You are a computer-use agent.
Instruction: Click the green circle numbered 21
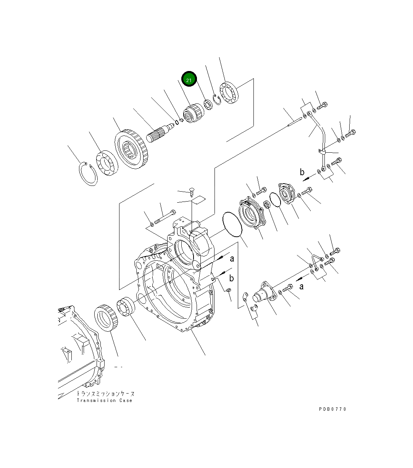189,79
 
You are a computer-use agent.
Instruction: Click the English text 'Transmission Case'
104,400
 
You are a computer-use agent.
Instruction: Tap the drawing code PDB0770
332,409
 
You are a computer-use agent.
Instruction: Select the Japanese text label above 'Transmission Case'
105,394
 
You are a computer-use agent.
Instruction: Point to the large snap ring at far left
88,174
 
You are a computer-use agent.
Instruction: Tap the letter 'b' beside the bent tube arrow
302,172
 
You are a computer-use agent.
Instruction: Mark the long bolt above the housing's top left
165,216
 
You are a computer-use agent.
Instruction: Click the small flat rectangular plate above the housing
198,200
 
